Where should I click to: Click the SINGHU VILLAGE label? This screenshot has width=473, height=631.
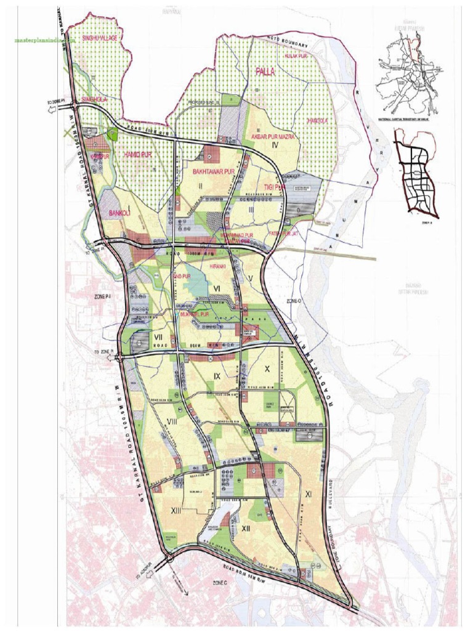pyautogui.click(x=100, y=38)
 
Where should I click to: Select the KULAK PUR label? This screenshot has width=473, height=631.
pyautogui.click(x=296, y=56)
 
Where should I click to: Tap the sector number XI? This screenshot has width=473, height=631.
pyautogui.click(x=309, y=494)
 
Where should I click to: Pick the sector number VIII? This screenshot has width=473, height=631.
pyautogui.click(x=172, y=421)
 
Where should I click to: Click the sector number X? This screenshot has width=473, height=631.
pyautogui.click(x=267, y=368)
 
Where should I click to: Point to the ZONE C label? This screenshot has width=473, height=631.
pyautogui.click(x=220, y=582)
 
